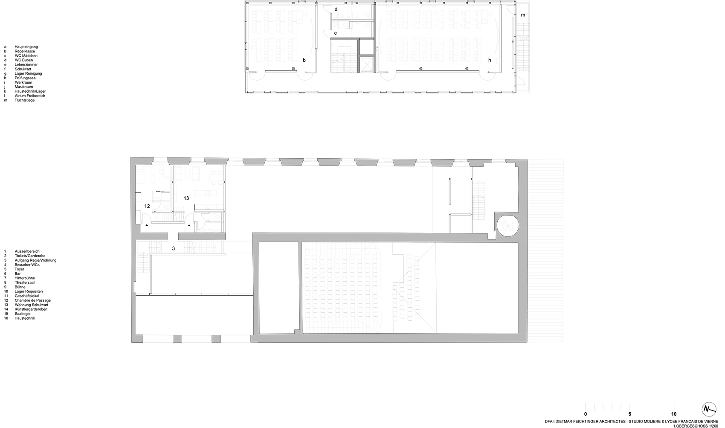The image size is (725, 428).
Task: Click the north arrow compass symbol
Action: pyautogui.click(x=708, y=409)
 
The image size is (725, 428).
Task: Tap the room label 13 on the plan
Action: pyautogui.click(x=186, y=198)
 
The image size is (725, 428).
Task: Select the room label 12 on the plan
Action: pyautogui.click(x=147, y=206)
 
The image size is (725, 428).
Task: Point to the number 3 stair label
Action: pyautogui.click(x=174, y=248)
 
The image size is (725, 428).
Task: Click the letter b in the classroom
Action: pyautogui.click(x=304, y=61)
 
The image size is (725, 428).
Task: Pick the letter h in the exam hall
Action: pyautogui.click(x=490, y=61)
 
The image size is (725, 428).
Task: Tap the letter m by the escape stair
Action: pyautogui.click(x=523, y=15)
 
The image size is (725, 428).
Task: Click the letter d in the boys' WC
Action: pyautogui.click(x=336, y=9)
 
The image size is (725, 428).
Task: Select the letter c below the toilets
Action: pyautogui.click(x=336, y=33)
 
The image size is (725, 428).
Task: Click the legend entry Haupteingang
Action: pyautogui.click(x=26, y=47)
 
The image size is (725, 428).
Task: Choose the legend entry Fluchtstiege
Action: pyautogui.click(x=25, y=100)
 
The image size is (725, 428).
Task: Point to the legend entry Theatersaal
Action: pyautogui.click(x=25, y=282)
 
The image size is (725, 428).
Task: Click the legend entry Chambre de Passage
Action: pyautogui.click(x=32, y=300)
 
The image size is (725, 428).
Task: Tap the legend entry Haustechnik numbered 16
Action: pyautogui.click(x=25, y=318)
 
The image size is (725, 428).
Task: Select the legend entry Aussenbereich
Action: pyautogui.click(x=26, y=252)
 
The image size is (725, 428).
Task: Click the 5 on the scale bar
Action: pyautogui.click(x=630, y=414)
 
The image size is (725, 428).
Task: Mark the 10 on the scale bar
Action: pyautogui.click(x=674, y=414)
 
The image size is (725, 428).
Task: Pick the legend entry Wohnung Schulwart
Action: pyautogui.click(x=31, y=305)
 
